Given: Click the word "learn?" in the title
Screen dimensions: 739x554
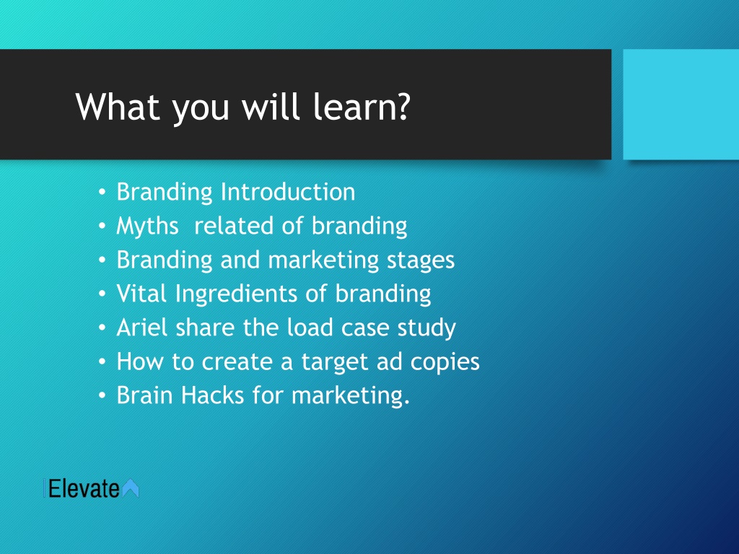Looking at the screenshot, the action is click(x=362, y=106).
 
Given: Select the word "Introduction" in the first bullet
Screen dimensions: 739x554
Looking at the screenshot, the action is click(x=288, y=192).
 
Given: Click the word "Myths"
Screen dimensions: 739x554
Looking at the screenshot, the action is click(x=147, y=227).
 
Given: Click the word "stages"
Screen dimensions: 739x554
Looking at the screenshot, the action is click(x=421, y=260).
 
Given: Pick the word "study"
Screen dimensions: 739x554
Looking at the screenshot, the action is click(x=427, y=328).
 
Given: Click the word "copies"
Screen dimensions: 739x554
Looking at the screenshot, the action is click(x=445, y=362).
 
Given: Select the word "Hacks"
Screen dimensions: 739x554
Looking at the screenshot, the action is click(x=213, y=395).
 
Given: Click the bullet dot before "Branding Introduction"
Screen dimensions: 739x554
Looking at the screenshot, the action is click(x=102, y=193).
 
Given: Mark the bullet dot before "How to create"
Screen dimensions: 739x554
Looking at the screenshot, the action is click(x=102, y=362).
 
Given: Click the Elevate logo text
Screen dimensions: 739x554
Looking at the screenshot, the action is click(x=84, y=488).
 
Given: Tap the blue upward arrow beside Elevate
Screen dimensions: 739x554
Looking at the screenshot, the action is click(x=131, y=488).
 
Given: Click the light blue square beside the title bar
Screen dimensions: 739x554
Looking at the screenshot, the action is click(x=681, y=104).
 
